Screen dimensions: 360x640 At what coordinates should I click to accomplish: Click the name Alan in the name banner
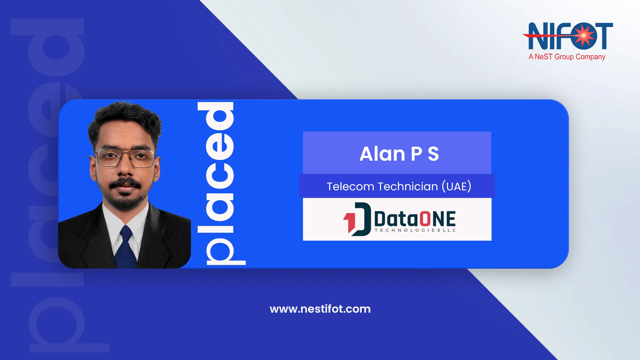(382, 154)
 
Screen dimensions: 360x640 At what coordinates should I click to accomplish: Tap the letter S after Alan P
(433, 154)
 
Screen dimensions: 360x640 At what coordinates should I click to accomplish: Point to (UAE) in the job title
(456, 186)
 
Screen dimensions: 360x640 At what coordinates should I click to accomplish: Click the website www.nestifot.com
(320, 309)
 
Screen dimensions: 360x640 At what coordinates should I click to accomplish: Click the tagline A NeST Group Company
(567, 57)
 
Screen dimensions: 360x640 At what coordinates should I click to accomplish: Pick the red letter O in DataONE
(425, 219)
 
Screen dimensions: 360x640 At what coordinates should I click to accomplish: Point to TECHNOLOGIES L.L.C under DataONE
(415, 230)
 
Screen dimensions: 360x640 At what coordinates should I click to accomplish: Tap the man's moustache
(125, 183)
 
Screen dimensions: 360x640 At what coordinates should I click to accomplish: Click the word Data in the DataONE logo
(396, 219)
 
